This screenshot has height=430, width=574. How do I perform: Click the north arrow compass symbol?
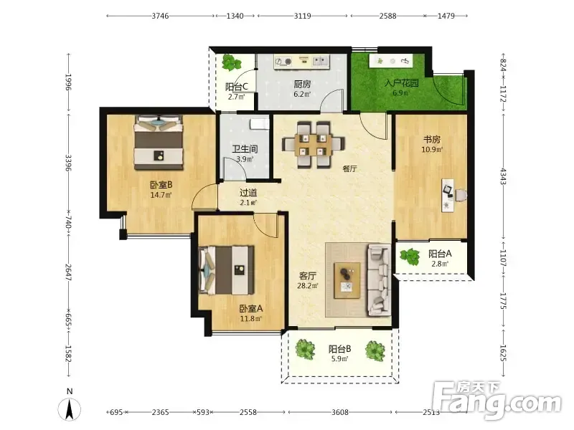pyautogui.click(x=69, y=408)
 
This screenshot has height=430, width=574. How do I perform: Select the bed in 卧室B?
pyautogui.click(x=159, y=143)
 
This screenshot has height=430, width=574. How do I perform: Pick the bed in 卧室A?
pyautogui.click(x=227, y=270)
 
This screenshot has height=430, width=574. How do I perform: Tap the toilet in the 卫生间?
pyautogui.click(x=260, y=123)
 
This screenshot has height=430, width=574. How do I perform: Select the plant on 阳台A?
pyautogui.click(x=410, y=257)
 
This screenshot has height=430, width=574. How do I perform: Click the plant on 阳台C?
pyautogui.click(x=231, y=62)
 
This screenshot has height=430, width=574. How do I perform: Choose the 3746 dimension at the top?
pyautogui.click(x=160, y=16)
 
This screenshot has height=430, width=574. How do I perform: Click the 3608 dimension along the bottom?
pyautogui.click(x=340, y=412)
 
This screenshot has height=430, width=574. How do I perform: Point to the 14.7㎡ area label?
pyautogui.click(x=161, y=195)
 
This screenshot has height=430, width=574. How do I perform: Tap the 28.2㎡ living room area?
pyautogui.click(x=308, y=286)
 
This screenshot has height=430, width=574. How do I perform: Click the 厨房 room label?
pyautogui.click(x=302, y=84)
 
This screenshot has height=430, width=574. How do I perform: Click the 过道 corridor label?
pyautogui.click(x=248, y=192)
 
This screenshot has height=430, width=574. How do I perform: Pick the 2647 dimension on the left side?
pyautogui.click(x=68, y=273)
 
